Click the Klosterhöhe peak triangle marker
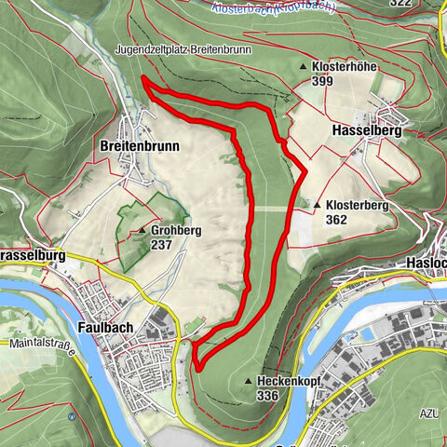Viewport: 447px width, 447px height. tap(304, 67)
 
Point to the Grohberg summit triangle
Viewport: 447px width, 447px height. tap(142, 230)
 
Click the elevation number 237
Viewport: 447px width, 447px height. tap(161, 245)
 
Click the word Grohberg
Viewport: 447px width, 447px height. tap(175, 230)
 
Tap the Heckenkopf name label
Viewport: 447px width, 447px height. tap(282, 381)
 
